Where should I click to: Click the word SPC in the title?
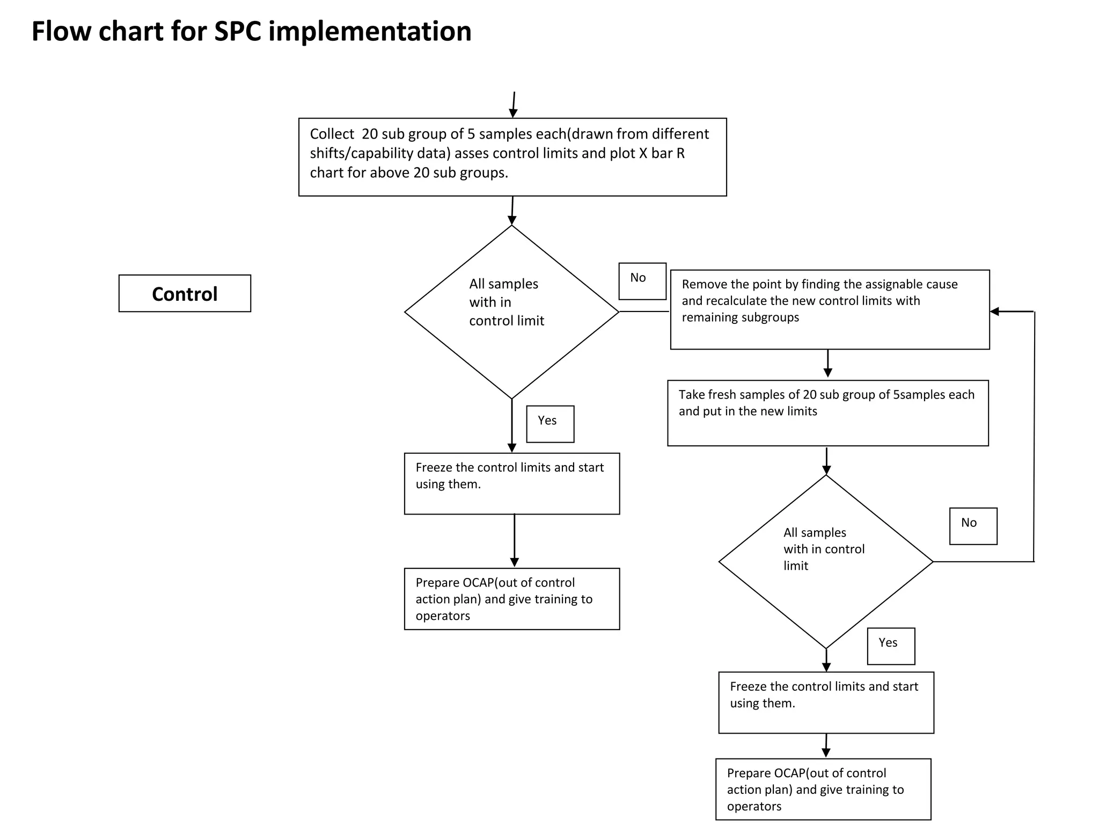238,31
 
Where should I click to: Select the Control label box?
185,293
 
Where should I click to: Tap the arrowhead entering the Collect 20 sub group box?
513,113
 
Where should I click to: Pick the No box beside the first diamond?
642,281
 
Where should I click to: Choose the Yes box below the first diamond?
550,424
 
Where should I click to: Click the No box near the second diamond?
973,526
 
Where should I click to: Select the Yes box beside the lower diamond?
891,646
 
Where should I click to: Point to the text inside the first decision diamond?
506,302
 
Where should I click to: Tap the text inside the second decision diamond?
823,549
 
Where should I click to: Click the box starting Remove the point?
830,309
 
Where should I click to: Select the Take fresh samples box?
827,412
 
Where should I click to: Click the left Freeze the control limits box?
511,483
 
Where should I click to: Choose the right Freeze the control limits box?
826,702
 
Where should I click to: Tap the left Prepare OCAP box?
511,598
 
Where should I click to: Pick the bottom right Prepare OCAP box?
823,788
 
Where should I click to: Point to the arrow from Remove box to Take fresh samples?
827,364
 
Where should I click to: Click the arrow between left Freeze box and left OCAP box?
514,540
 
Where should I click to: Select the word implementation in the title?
370,31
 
